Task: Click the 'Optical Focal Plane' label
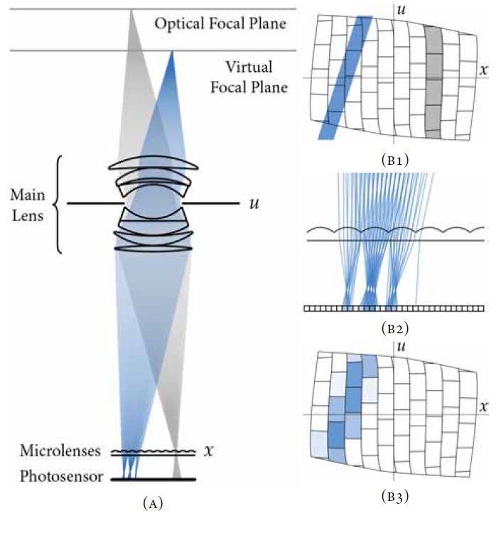pos(220,24)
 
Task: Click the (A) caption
pos(153,504)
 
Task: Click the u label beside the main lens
pos(253,204)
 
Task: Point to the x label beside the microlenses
pos(208,451)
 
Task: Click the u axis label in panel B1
pos(401,10)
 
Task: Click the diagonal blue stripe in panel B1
pos(346,78)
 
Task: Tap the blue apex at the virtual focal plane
pos(171,53)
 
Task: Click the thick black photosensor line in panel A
pos(153,480)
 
